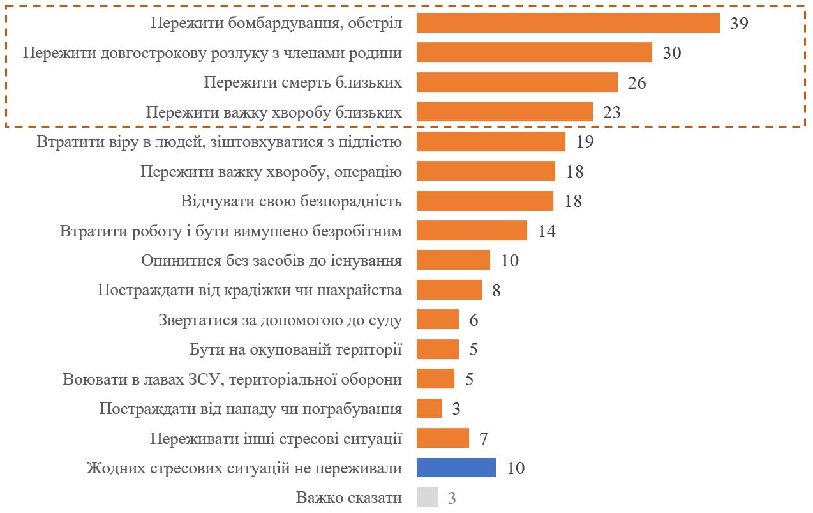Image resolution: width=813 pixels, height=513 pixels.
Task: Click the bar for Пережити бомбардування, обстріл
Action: pos(568,23)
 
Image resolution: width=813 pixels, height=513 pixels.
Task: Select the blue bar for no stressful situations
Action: pos(456,468)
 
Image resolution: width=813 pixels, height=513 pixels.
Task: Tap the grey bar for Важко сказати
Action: pos(427,497)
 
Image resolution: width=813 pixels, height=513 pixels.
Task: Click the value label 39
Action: pos(738,24)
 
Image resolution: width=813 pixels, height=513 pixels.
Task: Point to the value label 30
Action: pos(671,53)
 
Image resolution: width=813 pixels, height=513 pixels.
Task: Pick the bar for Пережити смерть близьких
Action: pos(517,82)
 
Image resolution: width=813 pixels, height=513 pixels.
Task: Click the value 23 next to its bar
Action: pos(611,112)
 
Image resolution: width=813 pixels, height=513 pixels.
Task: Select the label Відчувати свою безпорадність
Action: pos(292,201)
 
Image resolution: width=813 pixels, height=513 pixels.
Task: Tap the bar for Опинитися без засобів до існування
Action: pos(453,260)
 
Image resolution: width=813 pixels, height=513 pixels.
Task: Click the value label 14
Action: pos(546,231)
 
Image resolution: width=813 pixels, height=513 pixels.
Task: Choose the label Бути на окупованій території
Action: pos(296,349)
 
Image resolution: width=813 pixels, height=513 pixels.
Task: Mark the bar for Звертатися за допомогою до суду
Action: pos(437,319)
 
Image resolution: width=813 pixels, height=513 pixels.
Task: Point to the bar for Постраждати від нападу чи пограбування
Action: pos(429,408)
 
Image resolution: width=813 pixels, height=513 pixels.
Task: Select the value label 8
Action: pos(496,291)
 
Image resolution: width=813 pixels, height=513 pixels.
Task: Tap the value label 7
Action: pos(483,439)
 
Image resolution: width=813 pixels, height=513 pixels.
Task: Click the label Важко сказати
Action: pos(349,498)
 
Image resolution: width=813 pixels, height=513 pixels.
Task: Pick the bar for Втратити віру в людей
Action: pos(491,142)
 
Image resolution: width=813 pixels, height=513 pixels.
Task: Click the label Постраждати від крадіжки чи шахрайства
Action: pos(250,291)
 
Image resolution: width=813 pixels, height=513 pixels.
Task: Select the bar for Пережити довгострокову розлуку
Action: pos(534,52)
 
